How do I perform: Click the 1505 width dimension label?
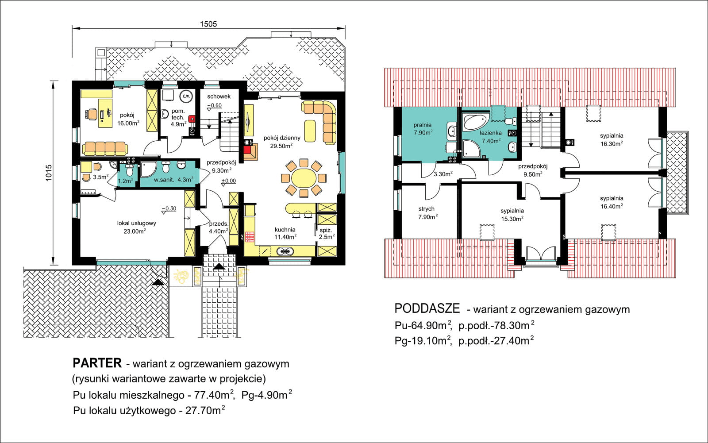(208, 24)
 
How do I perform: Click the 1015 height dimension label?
(49, 173)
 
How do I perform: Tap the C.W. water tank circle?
(186, 96)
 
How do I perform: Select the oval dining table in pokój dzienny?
(304, 178)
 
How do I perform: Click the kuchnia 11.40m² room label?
(285, 233)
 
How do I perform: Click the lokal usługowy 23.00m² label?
(137, 227)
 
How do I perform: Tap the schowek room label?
(219, 96)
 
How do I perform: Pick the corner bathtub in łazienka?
(476, 123)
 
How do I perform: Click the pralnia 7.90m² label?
(423, 129)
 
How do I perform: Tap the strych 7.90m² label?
(427, 213)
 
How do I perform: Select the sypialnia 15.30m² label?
(512, 215)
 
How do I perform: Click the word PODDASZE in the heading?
(427, 308)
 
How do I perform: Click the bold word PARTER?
(97, 363)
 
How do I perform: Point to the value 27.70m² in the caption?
(205, 410)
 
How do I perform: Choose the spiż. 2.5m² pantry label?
(327, 233)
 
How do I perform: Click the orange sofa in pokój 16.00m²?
(105, 148)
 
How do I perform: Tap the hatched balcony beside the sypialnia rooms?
(677, 173)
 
